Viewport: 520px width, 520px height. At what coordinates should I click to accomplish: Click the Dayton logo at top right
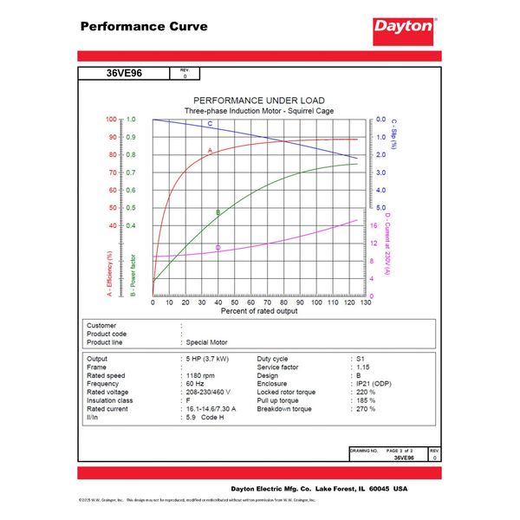coord(404,27)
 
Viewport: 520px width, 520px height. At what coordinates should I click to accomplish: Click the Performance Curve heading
coord(144,26)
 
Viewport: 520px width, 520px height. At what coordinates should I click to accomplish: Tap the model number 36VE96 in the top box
coord(125,74)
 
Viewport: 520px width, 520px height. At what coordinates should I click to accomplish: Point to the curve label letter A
coord(210,151)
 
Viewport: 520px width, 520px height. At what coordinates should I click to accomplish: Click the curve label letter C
coord(210,124)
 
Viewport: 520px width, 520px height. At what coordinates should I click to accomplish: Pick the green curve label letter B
coord(218,212)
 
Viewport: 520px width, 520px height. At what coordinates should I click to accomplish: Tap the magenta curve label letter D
coord(218,249)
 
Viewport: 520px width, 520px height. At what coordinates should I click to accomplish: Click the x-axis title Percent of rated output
coord(258,310)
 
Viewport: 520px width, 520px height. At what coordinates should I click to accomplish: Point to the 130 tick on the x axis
coord(366,302)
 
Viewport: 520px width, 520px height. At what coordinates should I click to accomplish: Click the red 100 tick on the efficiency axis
coord(111,120)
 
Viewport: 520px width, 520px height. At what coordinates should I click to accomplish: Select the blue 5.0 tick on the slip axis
coord(382,208)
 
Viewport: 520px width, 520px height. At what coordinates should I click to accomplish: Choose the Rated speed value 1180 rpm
coord(205,375)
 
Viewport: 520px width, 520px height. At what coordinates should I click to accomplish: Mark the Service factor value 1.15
coord(363,367)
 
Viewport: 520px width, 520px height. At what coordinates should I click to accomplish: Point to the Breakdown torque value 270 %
coord(365,409)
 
